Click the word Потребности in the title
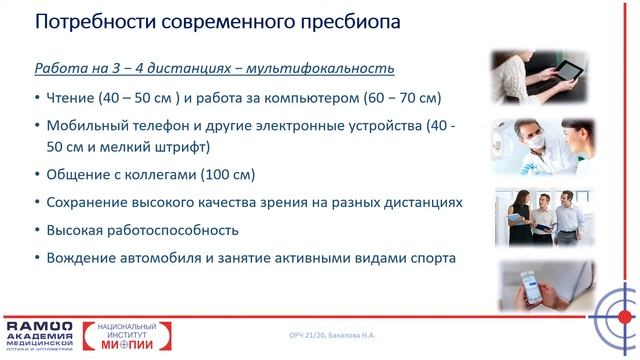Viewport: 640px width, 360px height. click(x=88, y=22)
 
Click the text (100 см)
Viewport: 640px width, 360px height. click(x=228, y=174)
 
